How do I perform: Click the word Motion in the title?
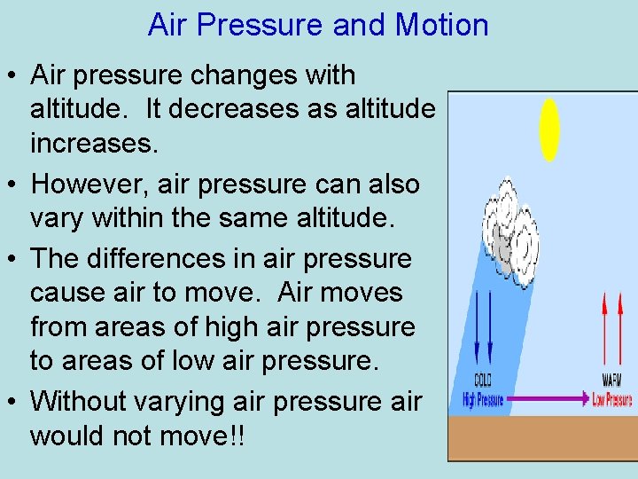tap(441, 25)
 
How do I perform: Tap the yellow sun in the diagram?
tap(550, 130)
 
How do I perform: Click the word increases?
tap(94, 143)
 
